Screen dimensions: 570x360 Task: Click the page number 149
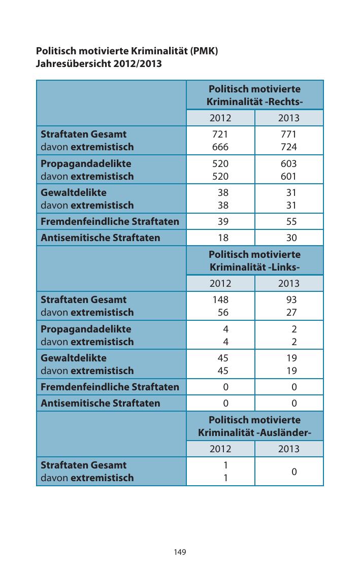pyautogui.click(x=180, y=552)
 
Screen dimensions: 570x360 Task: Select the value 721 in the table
pyautogui.click(x=220, y=135)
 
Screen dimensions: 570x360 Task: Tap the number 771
pyautogui.click(x=288, y=135)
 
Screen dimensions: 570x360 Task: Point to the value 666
pyautogui.click(x=220, y=147)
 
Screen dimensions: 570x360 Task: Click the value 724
pyautogui.click(x=288, y=147)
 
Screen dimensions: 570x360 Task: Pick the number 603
pyautogui.click(x=288, y=164)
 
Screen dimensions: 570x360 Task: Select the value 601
pyautogui.click(x=288, y=177)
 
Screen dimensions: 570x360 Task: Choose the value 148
pyautogui.click(x=220, y=300)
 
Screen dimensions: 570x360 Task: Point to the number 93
pyautogui.click(x=291, y=300)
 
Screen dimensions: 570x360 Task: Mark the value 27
pyautogui.click(x=291, y=313)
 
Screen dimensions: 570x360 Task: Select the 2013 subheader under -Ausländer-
pyautogui.click(x=288, y=449)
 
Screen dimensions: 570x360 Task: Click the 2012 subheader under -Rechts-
pyautogui.click(x=220, y=118)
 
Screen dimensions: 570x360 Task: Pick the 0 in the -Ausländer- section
pyautogui.click(x=293, y=472)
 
